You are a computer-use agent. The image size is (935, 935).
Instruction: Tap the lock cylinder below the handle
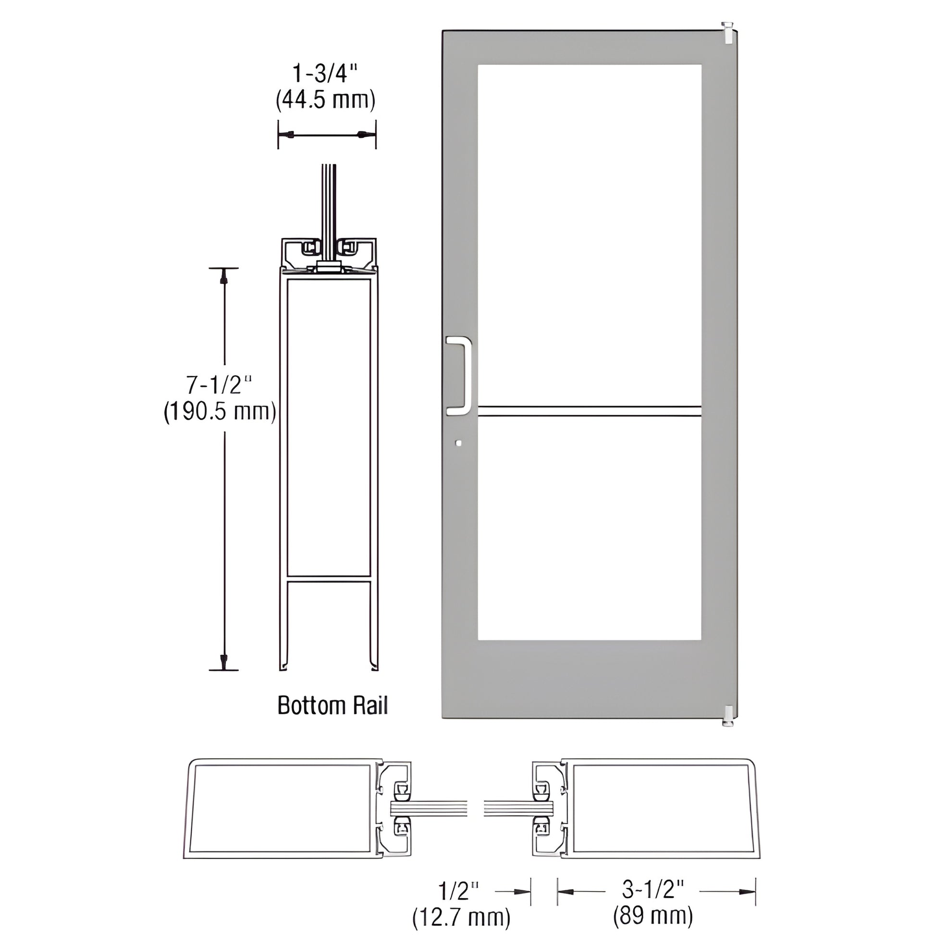(458, 443)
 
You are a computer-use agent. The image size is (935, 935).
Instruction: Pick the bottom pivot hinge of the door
(726, 716)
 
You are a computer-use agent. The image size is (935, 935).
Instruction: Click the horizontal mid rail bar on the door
(589, 411)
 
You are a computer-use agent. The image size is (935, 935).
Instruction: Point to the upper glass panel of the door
(589, 232)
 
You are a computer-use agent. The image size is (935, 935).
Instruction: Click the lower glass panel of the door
(589, 528)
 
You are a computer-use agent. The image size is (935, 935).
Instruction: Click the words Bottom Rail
(332, 706)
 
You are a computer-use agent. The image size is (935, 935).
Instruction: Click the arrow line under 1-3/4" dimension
(327, 134)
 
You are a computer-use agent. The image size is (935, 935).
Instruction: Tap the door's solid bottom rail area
(589, 677)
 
